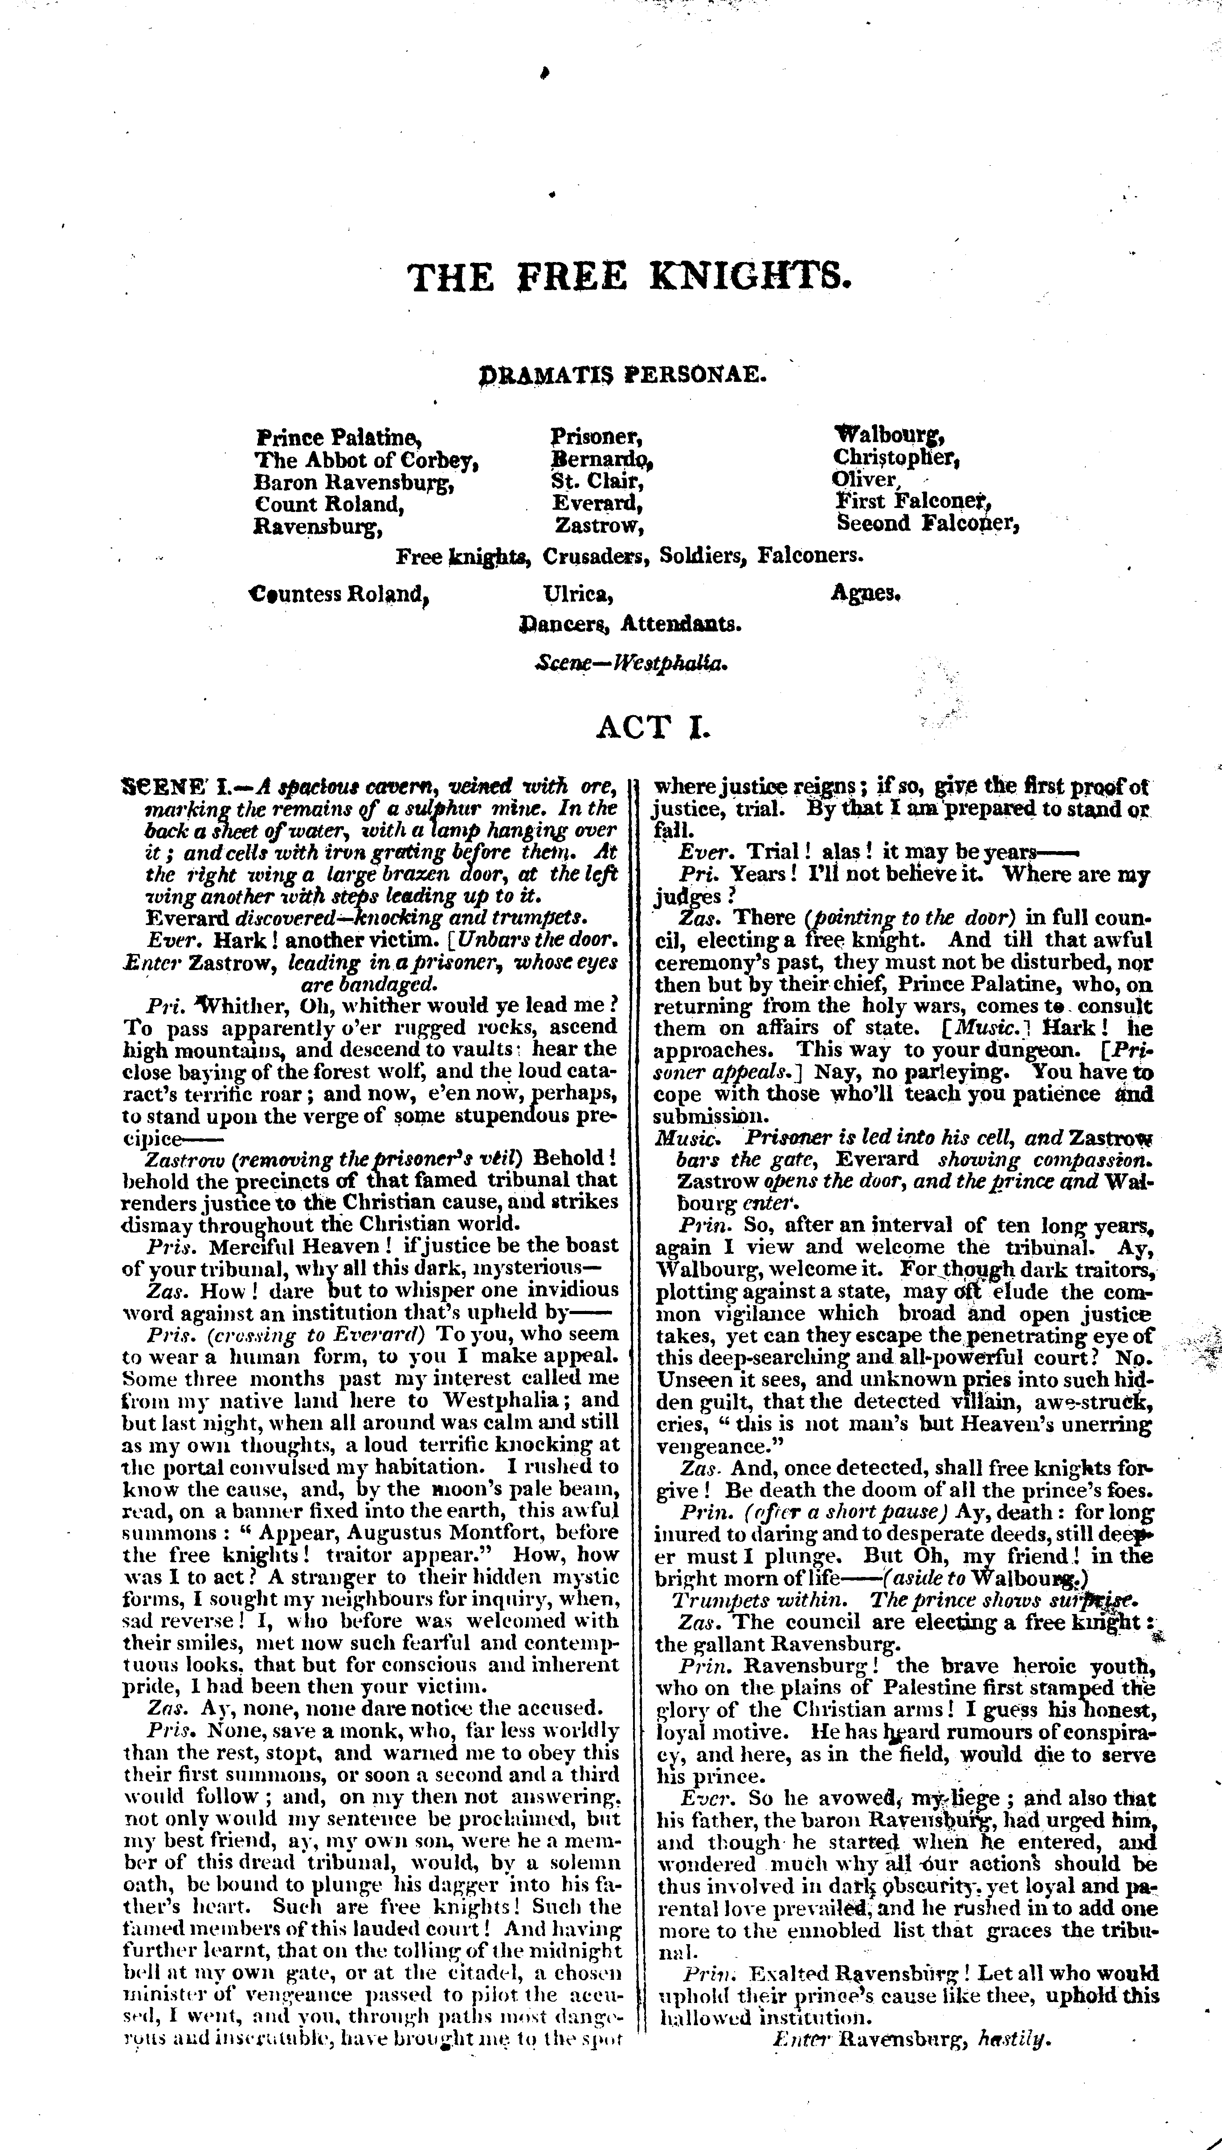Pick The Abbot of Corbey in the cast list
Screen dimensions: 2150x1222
[367, 460]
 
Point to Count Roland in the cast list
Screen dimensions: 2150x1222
[329, 504]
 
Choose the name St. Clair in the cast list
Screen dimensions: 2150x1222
[597, 482]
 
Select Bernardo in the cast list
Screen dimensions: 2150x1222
[601, 460]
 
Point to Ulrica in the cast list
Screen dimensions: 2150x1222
[578, 594]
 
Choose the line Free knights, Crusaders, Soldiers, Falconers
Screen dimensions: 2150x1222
[629, 556]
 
